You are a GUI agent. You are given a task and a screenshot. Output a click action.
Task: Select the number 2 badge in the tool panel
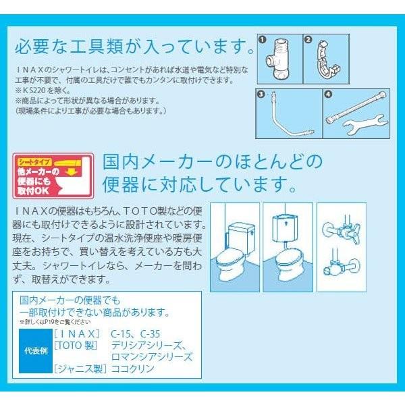click(308, 40)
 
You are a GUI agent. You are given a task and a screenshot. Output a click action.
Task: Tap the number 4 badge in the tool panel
click(328, 95)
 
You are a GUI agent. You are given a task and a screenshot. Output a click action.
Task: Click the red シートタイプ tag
click(34, 162)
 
